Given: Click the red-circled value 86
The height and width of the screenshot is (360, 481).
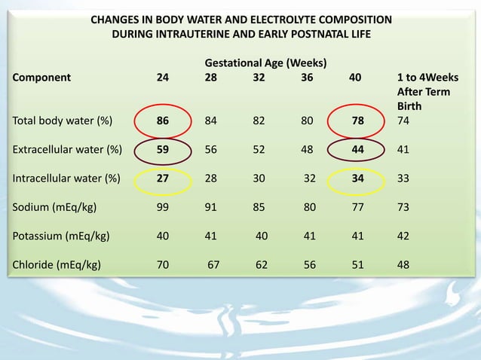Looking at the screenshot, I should [x=163, y=120].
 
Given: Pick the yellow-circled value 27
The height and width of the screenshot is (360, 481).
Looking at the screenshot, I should [x=163, y=178].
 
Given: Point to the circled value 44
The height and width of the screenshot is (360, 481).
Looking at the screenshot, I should [x=358, y=149].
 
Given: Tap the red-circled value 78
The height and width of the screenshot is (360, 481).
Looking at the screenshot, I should [x=358, y=120].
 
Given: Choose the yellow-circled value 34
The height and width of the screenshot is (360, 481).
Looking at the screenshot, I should [x=358, y=178].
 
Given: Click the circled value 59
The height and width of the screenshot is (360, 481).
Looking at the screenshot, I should [x=163, y=149].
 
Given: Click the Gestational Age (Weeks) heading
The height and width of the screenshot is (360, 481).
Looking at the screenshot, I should [x=265, y=62].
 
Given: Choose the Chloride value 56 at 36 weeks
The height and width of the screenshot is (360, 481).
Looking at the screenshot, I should [x=310, y=264].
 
